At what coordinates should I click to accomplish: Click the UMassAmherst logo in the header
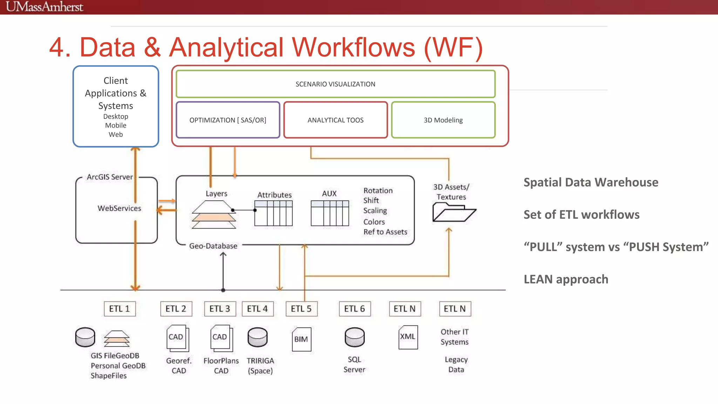pos(45,7)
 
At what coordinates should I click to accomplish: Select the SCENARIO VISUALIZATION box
pos(335,84)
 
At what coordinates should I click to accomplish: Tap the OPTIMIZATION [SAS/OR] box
pos(228,120)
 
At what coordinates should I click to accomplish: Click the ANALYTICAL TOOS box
pos(336,120)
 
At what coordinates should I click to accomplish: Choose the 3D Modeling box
pos(443,120)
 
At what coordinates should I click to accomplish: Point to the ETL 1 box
pos(120,309)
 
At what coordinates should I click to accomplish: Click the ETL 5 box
pos(301,309)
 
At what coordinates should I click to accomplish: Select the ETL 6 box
pos(354,309)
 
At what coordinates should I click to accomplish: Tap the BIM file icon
pos(301,339)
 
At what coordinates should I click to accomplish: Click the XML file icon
pos(408,337)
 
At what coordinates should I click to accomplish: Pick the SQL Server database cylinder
pos(354,337)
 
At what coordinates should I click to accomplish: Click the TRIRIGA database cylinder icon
pos(258,337)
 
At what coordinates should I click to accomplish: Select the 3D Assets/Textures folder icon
pos(453,213)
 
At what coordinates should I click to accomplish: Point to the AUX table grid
pos(330,213)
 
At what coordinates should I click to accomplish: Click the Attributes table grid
pos(273,213)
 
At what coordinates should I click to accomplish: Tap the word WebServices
pos(119,208)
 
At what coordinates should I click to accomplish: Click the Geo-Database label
pos(213,246)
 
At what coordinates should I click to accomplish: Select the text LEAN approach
pos(566,279)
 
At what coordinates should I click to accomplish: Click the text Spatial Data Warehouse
pos(591,182)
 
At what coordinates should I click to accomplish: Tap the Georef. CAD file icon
pos(177,338)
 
